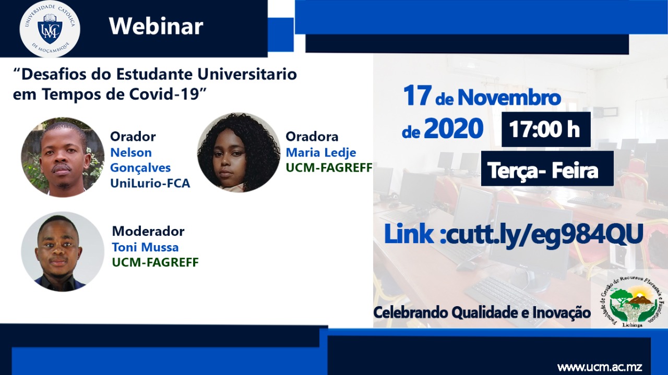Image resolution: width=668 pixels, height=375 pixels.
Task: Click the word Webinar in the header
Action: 156,27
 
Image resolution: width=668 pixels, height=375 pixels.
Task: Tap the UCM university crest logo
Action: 50,29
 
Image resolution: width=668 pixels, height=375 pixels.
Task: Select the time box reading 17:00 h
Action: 546,129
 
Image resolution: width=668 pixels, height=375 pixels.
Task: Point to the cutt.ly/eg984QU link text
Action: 542,234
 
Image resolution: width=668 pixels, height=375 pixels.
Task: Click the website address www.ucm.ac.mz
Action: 600,366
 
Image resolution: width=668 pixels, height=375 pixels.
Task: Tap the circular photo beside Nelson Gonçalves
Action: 63,157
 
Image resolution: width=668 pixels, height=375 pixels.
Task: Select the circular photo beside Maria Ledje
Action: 238,152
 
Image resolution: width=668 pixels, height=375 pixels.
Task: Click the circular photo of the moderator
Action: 63,251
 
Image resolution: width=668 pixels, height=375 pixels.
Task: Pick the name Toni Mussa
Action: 145,247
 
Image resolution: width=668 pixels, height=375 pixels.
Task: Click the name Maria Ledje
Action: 321,153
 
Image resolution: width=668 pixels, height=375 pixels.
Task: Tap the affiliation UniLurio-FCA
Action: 150,183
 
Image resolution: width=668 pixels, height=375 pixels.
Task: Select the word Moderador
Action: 148,231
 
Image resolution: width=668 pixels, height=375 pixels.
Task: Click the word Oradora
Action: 312,137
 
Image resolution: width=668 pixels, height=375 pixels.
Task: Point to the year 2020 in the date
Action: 454,128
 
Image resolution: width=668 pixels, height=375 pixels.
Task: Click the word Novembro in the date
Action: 509,98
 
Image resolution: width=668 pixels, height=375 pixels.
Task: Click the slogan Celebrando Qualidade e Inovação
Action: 482,313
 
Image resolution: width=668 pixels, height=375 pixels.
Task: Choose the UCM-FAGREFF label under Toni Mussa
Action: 155,262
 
